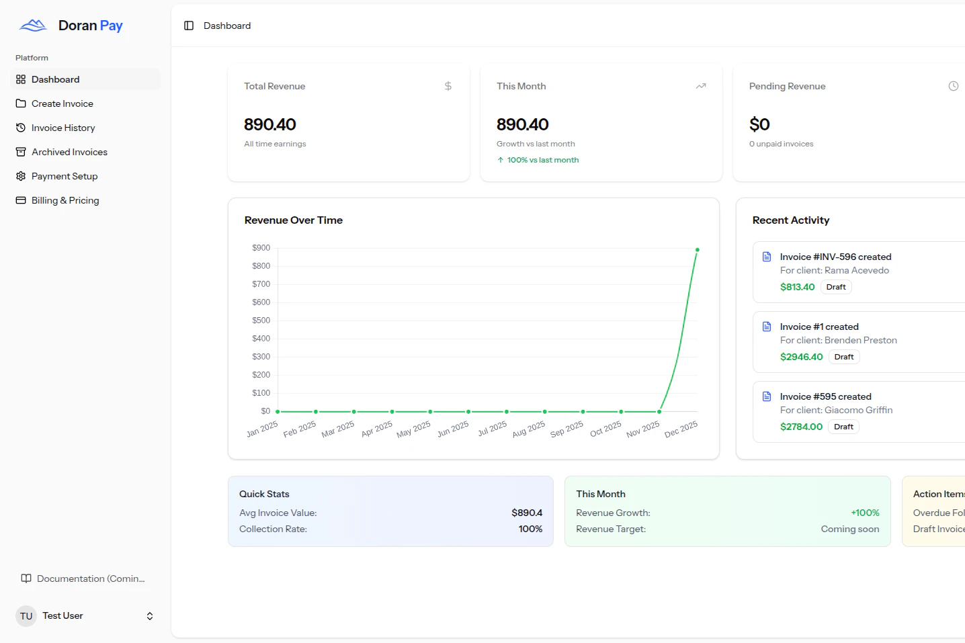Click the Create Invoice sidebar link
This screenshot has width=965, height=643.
point(62,103)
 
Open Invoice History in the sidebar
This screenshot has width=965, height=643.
point(62,128)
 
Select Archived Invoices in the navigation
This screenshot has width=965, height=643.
point(69,152)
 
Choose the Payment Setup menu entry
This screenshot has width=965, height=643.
point(64,176)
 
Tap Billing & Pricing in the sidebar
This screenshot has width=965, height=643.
point(65,200)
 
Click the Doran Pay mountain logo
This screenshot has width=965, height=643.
point(33,26)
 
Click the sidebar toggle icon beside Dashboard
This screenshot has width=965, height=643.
point(189,26)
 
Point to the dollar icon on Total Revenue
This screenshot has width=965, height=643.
point(448,86)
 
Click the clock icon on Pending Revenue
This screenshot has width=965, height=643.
point(953,86)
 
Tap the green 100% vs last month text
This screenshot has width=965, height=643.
point(542,160)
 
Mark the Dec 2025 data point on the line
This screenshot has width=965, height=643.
point(698,250)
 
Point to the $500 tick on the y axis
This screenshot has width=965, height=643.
point(261,320)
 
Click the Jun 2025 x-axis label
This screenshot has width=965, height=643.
point(453,429)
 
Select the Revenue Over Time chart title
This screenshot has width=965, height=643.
point(294,220)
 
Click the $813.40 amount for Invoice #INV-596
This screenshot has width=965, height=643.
point(797,287)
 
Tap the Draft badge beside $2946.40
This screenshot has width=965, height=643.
point(844,357)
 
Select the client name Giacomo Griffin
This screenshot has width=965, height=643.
point(859,410)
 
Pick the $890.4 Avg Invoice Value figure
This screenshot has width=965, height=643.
point(527,513)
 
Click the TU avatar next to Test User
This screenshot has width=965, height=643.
point(26,616)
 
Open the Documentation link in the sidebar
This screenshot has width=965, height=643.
point(90,578)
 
